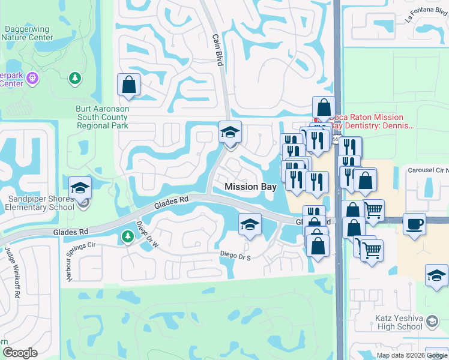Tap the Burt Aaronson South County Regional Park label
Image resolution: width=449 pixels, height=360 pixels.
pos(101,118)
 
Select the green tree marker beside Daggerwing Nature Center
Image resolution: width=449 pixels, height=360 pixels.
pos(75,78)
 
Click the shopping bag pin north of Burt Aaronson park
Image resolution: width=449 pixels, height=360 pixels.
pos(128,85)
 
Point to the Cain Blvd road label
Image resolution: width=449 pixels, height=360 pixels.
pos(217,47)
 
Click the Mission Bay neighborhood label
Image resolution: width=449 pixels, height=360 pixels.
pos(250,187)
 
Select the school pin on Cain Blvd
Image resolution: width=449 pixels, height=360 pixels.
pos(229,132)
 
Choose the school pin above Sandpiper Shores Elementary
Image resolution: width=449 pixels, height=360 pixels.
pos(80,188)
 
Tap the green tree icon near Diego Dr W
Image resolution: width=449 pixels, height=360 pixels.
pos(127,237)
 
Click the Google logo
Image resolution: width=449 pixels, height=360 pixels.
pos(20,353)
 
